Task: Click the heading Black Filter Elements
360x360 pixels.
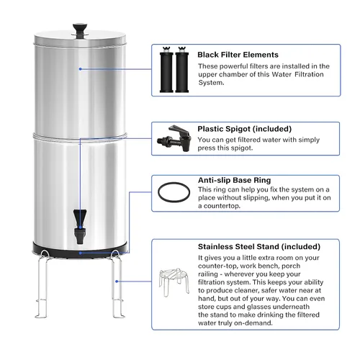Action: [238, 55]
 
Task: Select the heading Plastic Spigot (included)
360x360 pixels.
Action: [245, 129]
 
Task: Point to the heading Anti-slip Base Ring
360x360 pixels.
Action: [234, 180]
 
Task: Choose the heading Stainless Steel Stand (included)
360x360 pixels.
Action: [259, 247]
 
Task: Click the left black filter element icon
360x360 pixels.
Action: [166, 70]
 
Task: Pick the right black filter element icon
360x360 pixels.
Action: [182, 70]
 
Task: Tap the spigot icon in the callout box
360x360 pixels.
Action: [174, 138]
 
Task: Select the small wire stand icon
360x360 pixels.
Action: [174, 282]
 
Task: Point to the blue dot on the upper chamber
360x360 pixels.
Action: [81, 69]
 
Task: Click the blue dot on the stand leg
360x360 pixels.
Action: [117, 282]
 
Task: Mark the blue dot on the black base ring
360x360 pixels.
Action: [81, 253]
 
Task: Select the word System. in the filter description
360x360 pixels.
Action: [211, 83]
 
